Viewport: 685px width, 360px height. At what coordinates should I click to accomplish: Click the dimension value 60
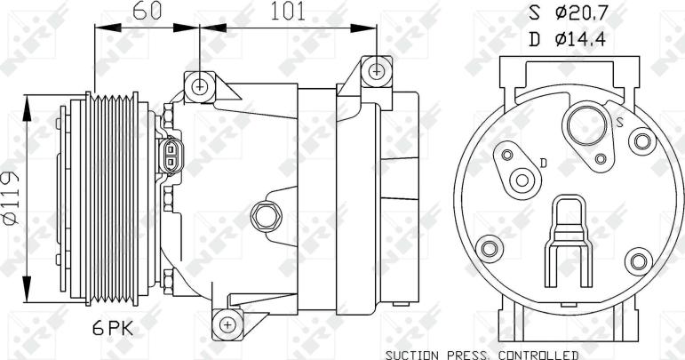[x=148, y=12]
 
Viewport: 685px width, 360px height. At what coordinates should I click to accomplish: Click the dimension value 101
[x=286, y=12]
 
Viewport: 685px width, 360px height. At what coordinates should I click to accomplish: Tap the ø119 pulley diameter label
[x=10, y=198]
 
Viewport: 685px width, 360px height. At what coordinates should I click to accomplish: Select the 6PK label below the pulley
[x=114, y=329]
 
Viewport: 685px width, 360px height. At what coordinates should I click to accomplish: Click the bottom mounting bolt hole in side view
[x=227, y=324]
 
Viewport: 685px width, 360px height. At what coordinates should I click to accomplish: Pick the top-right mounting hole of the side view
[x=378, y=69]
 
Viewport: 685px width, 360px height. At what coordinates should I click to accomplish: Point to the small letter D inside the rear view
[x=542, y=163]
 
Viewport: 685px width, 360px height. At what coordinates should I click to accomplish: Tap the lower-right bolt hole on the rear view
[x=637, y=260]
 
